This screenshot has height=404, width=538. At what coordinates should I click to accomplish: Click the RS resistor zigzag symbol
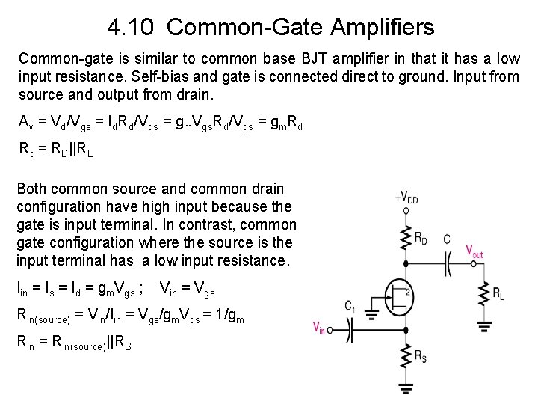click(x=406, y=358)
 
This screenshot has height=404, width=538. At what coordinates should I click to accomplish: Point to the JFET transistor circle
click(x=397, y=292)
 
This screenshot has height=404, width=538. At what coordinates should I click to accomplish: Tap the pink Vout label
click(x=474, y=251)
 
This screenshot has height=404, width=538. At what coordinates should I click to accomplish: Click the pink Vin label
click(x=319, y=327)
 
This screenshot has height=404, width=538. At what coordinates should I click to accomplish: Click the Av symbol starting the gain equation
click(x=25, y=122)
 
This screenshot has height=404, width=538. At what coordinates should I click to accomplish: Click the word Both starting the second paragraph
click(x=32, y=189)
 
